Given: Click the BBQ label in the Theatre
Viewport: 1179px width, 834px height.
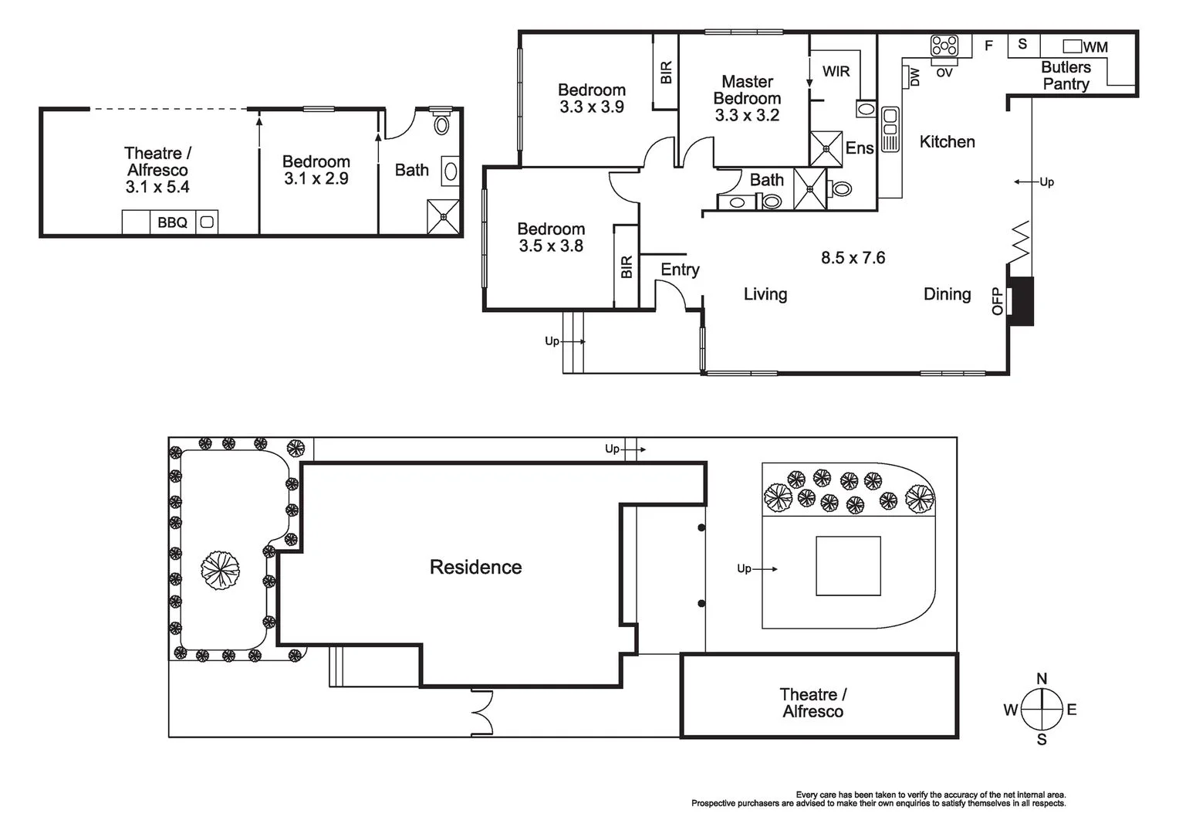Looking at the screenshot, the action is pyautogui.click(x=172, y=223).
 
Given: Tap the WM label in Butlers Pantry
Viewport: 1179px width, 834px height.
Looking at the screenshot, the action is pyautogui.click(x=1096, y=47).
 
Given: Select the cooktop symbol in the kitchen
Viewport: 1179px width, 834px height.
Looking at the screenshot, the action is pyautogui.click(x=944, y=46).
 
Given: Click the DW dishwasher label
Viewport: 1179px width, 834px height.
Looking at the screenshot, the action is pyautogui.click(x=915, y=77).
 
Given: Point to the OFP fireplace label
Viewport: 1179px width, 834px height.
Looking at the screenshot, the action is pyautogui.click(x=998, y=301).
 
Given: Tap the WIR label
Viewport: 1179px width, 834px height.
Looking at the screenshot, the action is pyautogui.click(x=836, y=71).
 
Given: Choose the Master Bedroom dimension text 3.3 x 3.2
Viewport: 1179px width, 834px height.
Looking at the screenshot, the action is pyautogui.click(x=747, y=115).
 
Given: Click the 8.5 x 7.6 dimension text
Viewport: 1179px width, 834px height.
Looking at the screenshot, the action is pyautogui.click(x=853, y=258).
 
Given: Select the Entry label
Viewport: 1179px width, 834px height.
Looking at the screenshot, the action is pyautogui.click(x=680, y=270).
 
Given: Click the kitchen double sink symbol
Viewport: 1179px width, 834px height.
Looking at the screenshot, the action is pyautogui.click(x=890, y=129).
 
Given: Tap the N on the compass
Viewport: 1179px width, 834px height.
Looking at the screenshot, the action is pyautogui.click(x=1042, y=679).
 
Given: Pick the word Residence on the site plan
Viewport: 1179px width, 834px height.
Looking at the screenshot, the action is pyautogui.click(x=476, y=568).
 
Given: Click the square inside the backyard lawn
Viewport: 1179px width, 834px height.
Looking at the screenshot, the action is pyautogui.click(x=848, y=566).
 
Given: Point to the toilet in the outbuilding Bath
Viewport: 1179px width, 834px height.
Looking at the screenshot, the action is pyautogui.click(x=441, y=122).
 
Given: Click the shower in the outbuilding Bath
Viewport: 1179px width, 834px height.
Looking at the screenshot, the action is pyautogui.click(x=443, y=216).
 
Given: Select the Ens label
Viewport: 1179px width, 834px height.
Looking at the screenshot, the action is pyautogui.click(x=860, y=148).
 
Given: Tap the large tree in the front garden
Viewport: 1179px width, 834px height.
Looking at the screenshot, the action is pyautogui.click(x=220, y=570).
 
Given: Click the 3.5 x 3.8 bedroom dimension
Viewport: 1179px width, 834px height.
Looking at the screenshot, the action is pyautogui.click(x=551, y=246).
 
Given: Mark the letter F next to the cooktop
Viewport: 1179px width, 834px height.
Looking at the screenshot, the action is pyautogui.click(x=988, y=46).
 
